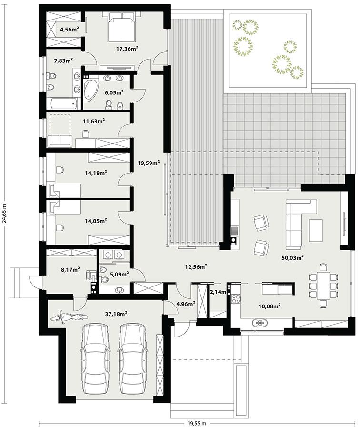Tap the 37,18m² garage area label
click(x=116, y=313)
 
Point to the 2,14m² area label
click(x=217, y=292)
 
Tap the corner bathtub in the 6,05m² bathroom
click(x=91, y=91)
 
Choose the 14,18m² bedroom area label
click(x=96, y=173)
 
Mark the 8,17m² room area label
click(x=70, y=269)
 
